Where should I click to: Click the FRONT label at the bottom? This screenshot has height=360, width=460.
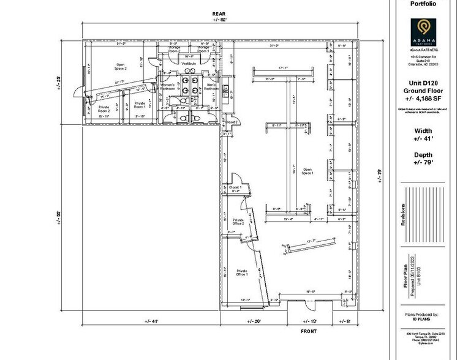click(308, 331)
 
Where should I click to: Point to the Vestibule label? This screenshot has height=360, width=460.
click(186, 62)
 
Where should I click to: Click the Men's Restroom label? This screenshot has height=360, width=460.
click(211, 87)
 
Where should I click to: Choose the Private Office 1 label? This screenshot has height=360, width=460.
click(241, 272)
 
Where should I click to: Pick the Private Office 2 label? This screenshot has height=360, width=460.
click(238, 222)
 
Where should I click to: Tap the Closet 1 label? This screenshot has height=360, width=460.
click(236, 187)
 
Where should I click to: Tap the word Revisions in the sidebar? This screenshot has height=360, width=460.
click(402, 215)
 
